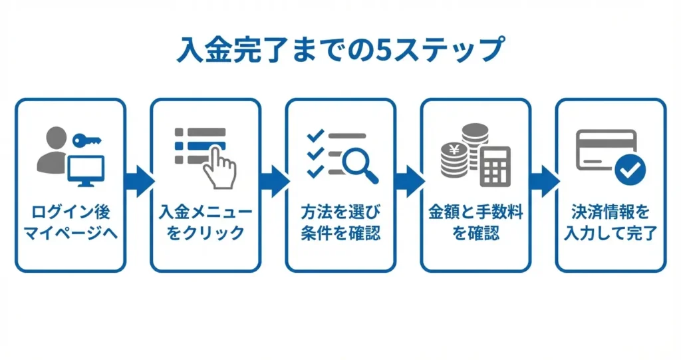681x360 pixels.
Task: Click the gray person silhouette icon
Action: (x=53, y=152)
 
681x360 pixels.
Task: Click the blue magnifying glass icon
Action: (x=360, y=163)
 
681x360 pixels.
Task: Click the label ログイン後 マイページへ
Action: (x=70, y=224)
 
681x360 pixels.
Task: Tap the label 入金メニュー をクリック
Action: (x=205, y=224)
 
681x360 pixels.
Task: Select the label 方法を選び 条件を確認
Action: (x=340, y=224)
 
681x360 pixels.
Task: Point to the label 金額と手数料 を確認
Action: (x=476, y=224)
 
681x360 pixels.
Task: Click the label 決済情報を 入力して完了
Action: (x=611, y=224)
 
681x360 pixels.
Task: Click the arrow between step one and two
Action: (x=138, y=180)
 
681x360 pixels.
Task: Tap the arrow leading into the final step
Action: (x=543, y=180)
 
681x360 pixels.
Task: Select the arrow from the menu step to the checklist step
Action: (x=273, y=180)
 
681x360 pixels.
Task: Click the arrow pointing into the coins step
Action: (x=408, y=180)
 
